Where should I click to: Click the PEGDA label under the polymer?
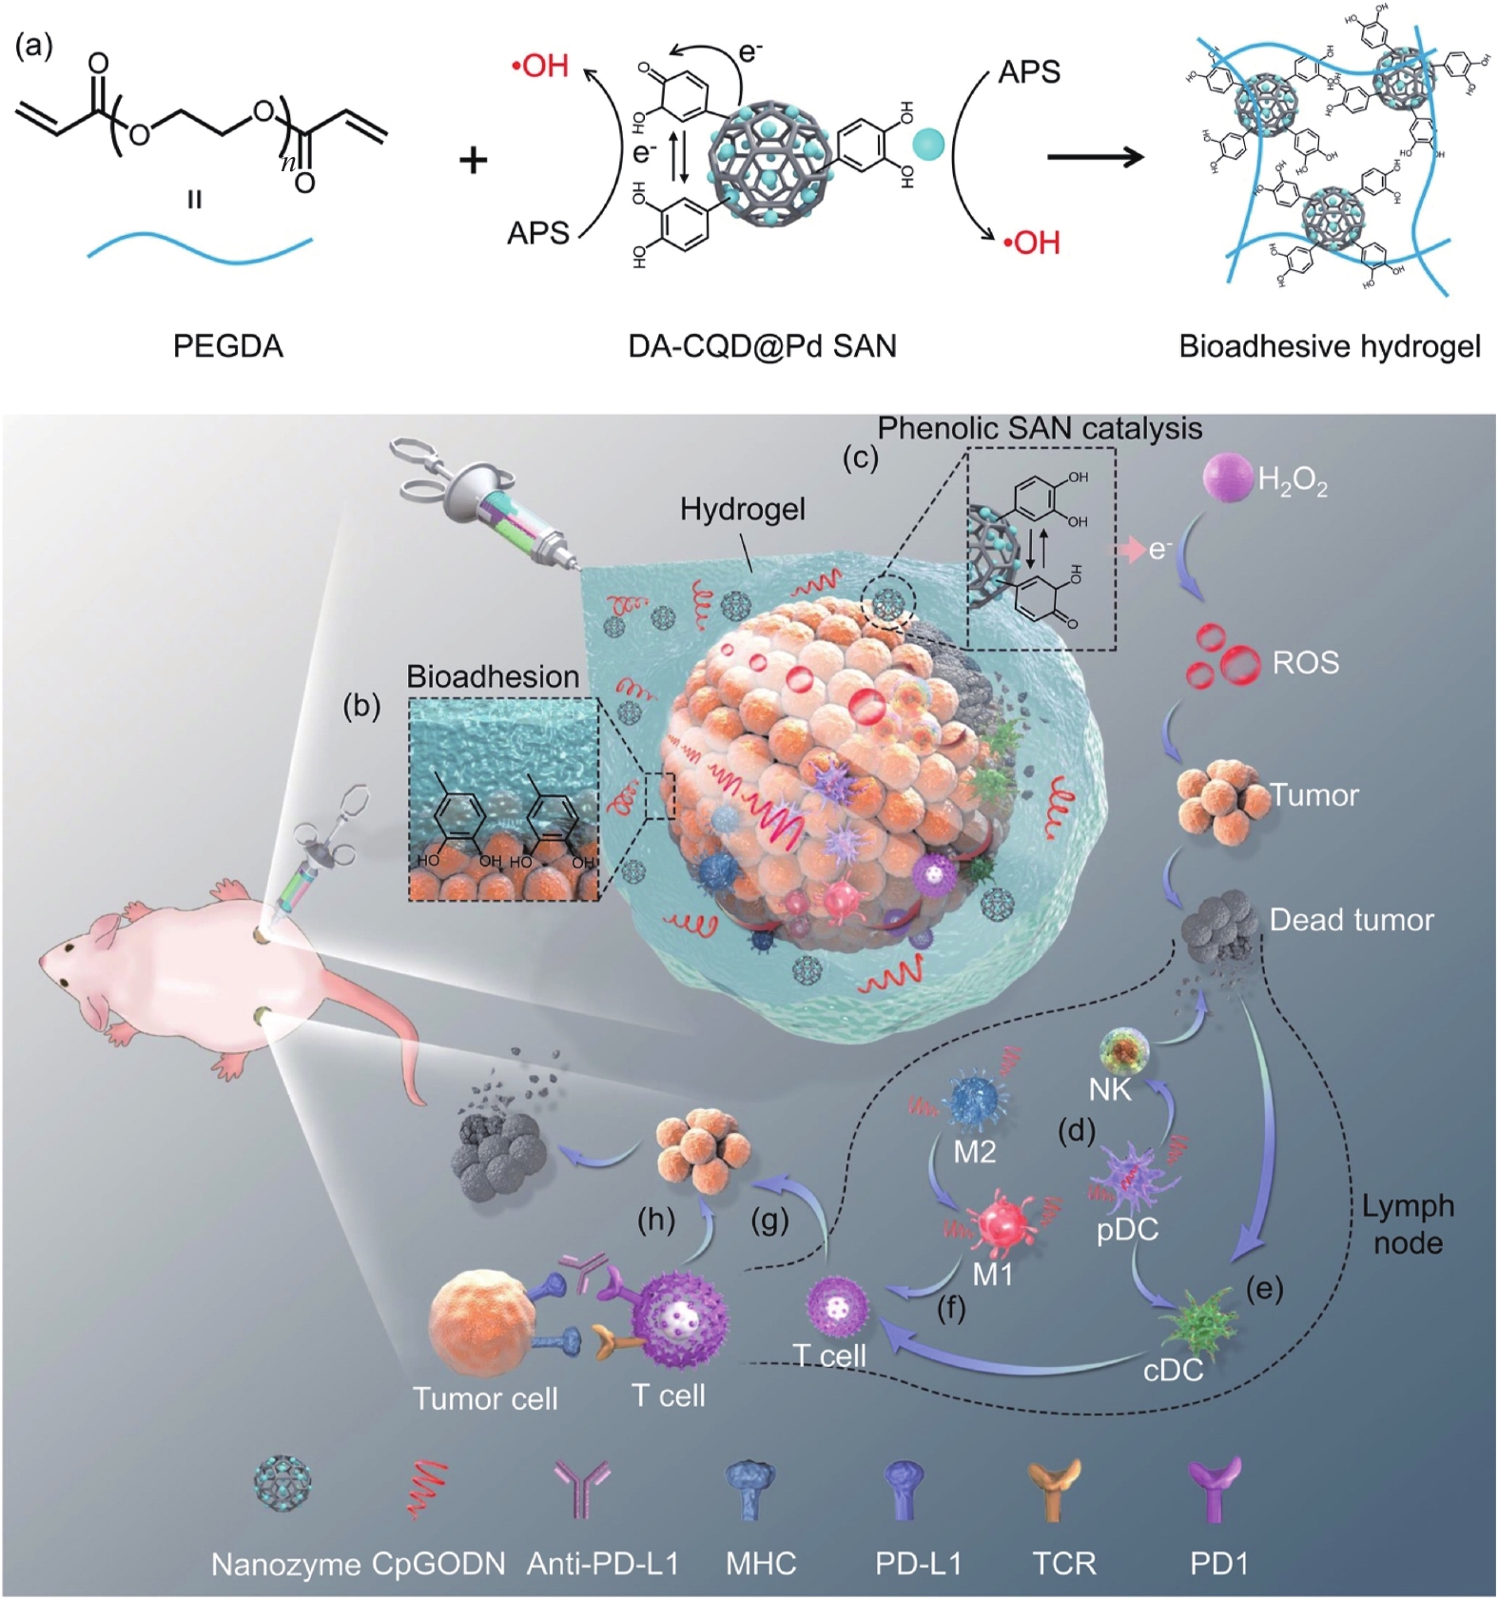click(228, 345)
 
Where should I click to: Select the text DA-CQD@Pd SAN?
click(762, 345)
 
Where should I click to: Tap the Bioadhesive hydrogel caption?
click(1330, 345)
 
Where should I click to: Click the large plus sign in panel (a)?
click(473, 160)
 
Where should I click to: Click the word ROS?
click(1305, 662)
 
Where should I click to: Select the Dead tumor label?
click(1351, 920)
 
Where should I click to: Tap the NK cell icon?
click(1124, 1051)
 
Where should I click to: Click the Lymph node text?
click(1408, 1224)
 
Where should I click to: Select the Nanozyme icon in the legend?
click(282, 1483)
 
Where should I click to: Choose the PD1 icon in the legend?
click(1216, 1487)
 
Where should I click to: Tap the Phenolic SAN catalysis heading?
click(1039, 428)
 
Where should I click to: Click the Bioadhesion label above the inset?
click(493, 676)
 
